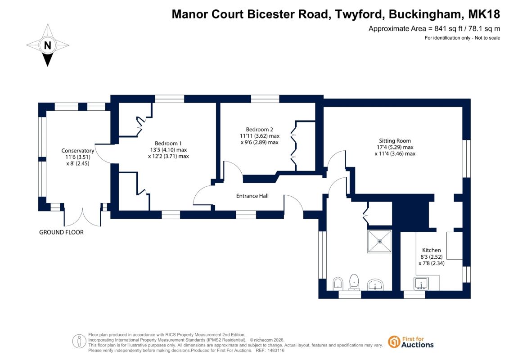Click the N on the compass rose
pyautogui.click(x=47, y=45)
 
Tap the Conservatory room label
pyautogui.click(x=77, y=151)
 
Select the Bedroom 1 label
pyautogui.click(x=168, y=144)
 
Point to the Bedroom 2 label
pyautogui.click(x=259, y=130)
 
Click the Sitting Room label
pyautogui.click(x=395, y=141)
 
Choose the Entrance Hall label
pyautogui.click(x=252, y=196)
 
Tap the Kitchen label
pyautogui.click(x=432, y=250)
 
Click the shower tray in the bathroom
pyautogui.click(x=379, y=241)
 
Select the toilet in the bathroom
pyautogui.click(x=354, y=283)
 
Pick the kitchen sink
pyautogui.click(x=421, y=283)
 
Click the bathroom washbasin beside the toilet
pyautogui.click(x=375, y=285)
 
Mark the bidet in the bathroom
pyautogui.click(x=338, y=283)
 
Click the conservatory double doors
pyautogui.click(x=82, y=216)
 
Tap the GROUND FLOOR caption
pyautogui.click(x=61, y=233)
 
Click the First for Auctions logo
pyautogui.click(x=411, y=342)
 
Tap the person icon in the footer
pyautogui.click(x=79, y=342)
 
